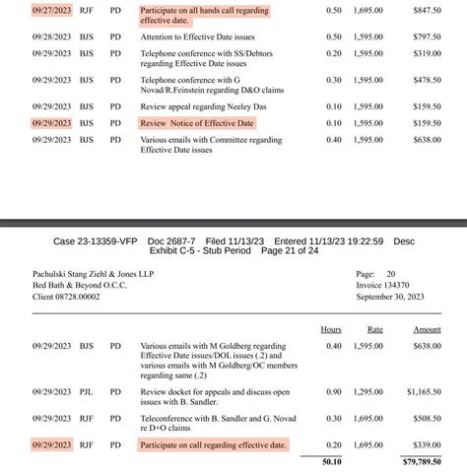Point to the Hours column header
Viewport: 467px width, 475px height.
(332, 330)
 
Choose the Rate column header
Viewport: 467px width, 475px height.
(375, 330)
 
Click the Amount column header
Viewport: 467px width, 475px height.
(426, 330)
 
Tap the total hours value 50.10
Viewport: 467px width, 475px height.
(329, 460)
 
